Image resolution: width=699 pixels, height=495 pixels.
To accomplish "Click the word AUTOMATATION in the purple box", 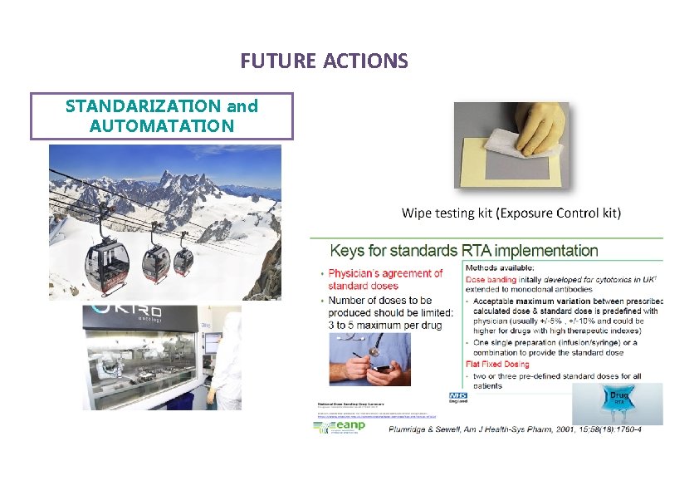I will [x=161, y=125].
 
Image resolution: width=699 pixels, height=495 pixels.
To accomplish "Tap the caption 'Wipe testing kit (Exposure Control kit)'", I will [x=511, y=213].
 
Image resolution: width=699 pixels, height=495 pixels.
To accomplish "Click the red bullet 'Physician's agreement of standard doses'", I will [x=386, y=279].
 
